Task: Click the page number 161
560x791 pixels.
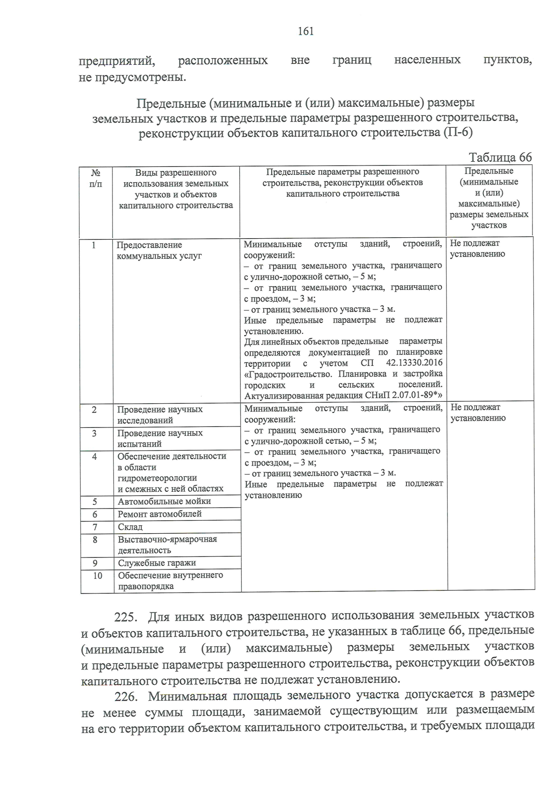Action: point(306,31)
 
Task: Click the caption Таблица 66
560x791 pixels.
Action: point(500,157)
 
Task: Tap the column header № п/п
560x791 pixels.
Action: point(95,178)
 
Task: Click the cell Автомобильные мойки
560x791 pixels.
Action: point(164,501)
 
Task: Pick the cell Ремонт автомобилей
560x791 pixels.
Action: point(160,514)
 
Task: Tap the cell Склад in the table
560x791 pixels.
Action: point(130,527)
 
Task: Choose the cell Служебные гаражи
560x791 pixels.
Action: point(157,563)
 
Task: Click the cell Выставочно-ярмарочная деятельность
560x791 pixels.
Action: point(167,544)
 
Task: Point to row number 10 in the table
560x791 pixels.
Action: point(97,576)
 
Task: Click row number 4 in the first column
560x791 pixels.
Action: point(94,457)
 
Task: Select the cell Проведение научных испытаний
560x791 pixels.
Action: point(160,438)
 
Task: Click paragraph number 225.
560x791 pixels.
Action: point(125,617)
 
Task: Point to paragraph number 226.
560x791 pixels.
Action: point(125,696)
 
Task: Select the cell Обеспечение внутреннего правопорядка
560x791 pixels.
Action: point(170,580)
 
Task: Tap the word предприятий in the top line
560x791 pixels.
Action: point(116,61)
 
